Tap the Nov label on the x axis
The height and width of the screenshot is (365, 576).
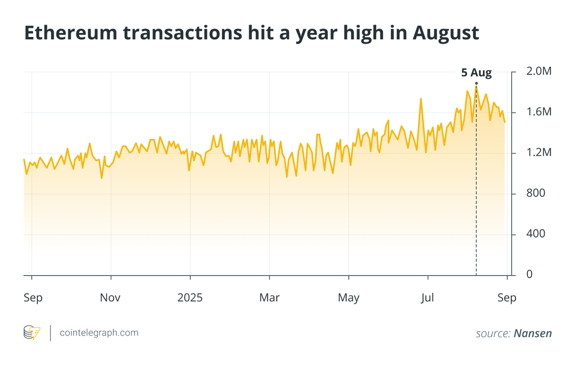pyautogui.click(x=110, y=298)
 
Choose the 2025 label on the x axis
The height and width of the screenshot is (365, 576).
pyautogui.click(x=190, y=298)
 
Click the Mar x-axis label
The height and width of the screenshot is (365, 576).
pyautogui.click(x=269, y=298)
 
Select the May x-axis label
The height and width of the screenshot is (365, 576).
pyautogui.click(x=348, y=298)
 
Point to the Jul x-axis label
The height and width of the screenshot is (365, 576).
pyautogui.click(x=427, y=298)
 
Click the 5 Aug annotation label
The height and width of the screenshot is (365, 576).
pyautogui.click(x=476, y=73)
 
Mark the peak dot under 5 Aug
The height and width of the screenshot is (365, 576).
pyautogui.click(x=476, y=84)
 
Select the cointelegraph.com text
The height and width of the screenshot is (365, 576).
pyautogui.click(x=99, y=333)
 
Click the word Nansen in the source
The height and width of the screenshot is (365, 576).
pyautogui.click(x=533, y=333)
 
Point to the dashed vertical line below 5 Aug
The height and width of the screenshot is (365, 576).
pyautogui.click(x=476, y=192)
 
